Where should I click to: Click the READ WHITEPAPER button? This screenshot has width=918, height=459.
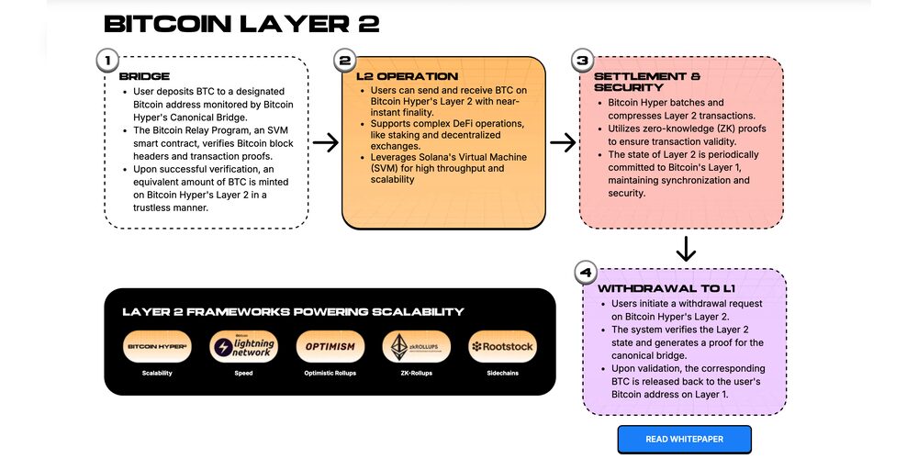684,439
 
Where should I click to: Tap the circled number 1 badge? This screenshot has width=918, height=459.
107,62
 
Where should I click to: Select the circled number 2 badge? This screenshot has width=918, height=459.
345,62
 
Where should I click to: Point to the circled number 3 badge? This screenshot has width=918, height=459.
582,62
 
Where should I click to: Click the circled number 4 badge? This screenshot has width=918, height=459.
586,273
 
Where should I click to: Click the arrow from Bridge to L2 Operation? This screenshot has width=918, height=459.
325,142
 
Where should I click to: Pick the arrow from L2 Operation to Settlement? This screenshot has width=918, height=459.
563,142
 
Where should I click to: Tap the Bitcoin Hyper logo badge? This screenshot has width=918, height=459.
157,347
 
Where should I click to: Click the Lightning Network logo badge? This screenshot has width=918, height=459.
241,347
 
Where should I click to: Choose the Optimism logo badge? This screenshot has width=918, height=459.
329,347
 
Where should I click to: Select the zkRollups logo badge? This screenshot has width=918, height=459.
416,347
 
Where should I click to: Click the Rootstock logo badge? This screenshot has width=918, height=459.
502,347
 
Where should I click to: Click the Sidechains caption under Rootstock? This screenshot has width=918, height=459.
502,374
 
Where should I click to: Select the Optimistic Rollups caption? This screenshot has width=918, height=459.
329,374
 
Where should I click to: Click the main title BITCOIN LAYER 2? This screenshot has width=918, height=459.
241,23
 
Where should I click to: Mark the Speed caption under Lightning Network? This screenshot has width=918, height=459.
241,374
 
